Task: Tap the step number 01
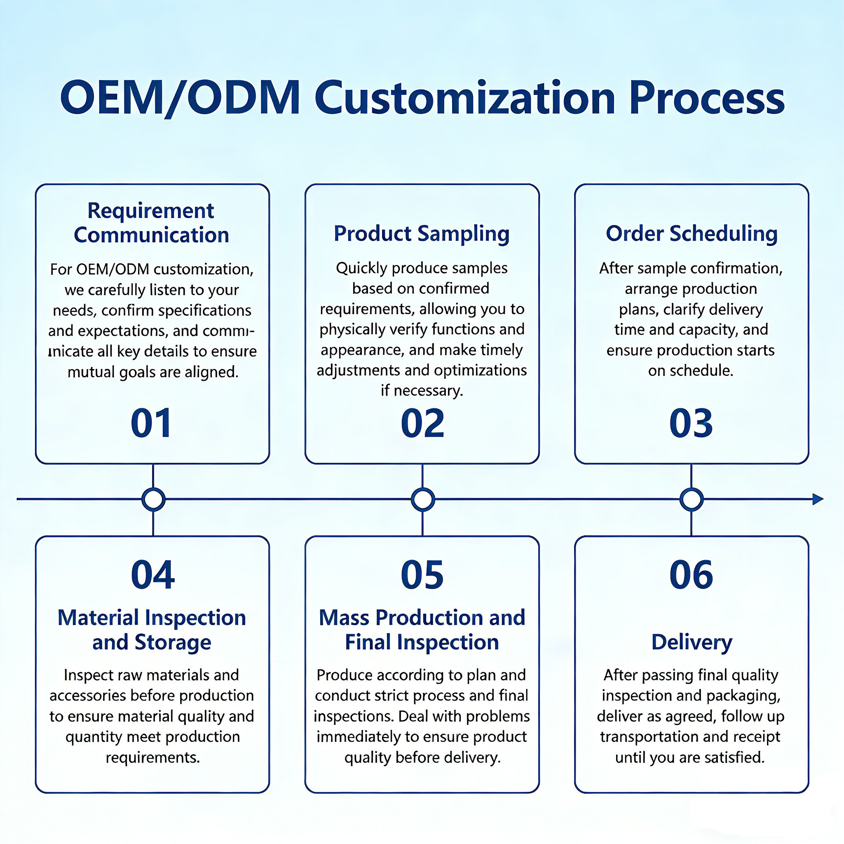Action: tap(151, 423)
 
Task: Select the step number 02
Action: tap(422, 423)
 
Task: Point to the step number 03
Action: tap(691, 423)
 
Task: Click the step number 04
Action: tap(153, 574)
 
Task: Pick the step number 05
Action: tap(422, 574)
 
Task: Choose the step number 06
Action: tap(691, 574)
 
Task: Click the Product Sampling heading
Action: tap(422, 234)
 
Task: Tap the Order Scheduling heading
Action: tap(692, 234)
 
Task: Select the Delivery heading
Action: tap(692, 642)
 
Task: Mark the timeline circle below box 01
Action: tap(153, 499)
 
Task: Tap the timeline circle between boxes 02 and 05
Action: tap(422, 499)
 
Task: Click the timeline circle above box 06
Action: tap(692, 499)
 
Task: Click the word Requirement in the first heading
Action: tap(151, 211)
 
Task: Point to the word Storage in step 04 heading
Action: tap(173, 642)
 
